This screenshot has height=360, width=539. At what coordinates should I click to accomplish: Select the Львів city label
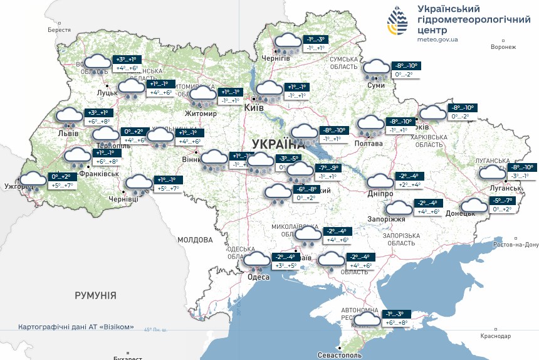[x=68, y=134]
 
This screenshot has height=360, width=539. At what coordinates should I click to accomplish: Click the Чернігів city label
[x=276, y=58]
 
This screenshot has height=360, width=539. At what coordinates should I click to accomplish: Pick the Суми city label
[x=376, y=85]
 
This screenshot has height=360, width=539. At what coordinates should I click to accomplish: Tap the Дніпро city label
[x=380, y=194]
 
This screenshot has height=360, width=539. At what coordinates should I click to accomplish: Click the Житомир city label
[x=201, y=114]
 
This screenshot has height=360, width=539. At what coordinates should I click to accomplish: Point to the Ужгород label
[x=18, y=186]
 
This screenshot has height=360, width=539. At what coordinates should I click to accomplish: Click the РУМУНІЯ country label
[x=95, y=295]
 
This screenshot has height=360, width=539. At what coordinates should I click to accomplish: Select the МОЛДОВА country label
[x=195, y=240]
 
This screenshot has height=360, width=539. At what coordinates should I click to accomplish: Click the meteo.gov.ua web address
[x=437, y=39]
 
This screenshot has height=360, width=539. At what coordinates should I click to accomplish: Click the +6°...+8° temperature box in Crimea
[x=397, y=322]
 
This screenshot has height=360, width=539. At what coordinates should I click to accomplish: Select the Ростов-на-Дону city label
[x=516, y=245]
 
